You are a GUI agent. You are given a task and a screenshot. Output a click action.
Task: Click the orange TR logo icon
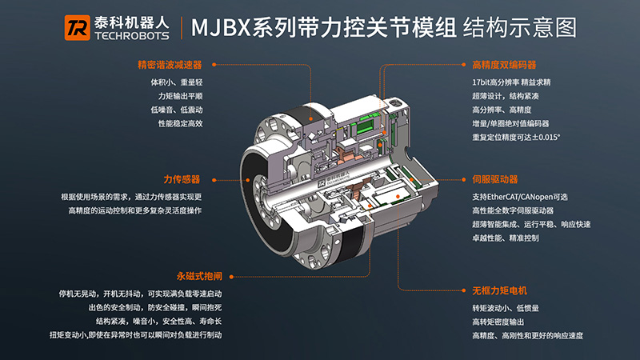click(x=77, y=28)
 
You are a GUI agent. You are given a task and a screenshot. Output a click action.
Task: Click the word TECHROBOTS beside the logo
click(x=132, y=36)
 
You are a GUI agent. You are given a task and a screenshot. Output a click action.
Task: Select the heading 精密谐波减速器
click(x=170, y=65)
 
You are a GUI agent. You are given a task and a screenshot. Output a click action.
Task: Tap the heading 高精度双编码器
click(x=504, y=65)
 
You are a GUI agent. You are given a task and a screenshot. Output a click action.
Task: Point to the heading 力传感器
click(x=182, y=179)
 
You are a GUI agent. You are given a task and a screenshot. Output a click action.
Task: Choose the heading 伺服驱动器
click(x=495, y=179)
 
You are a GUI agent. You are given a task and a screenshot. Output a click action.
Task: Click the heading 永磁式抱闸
click(x=199, y=276)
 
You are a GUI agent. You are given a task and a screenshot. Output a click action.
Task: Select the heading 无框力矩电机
click(x=499, y=290)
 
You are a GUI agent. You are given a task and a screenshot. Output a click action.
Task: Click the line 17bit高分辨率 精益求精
click(x=511, y=82)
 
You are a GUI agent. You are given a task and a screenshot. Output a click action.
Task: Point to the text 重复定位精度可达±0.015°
click(x=516, y=137)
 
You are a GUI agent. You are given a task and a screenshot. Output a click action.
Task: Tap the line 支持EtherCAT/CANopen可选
click(x=520, y=197)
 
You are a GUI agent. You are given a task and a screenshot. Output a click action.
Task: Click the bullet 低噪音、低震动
click(x=177, y=110)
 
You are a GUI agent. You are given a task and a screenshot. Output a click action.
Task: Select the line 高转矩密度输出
click(x=498, y=322)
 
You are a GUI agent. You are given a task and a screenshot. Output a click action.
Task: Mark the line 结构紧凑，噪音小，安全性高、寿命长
click(x=158, y=322)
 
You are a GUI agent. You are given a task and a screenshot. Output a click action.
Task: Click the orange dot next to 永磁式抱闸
click(x=231, y=277)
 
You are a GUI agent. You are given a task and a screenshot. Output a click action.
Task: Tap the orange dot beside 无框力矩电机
click(x=464, y=290)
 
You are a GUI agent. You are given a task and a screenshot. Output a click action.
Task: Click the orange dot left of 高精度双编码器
click(x=464, y=65)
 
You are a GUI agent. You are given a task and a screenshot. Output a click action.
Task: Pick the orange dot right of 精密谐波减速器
click(x=214, y=65)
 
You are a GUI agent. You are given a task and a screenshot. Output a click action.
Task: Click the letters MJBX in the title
click(x=221, y=28)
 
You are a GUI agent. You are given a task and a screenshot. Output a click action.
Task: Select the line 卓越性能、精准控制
click(x=506, y=238)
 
